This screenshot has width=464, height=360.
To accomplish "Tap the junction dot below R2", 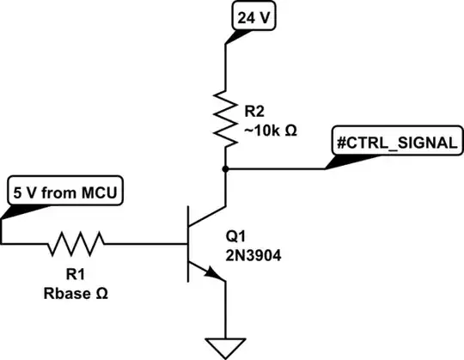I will tap(224, 169).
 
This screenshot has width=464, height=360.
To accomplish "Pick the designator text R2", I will tap(255, 110).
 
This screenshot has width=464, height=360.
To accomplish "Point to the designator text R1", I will tap(76, 278).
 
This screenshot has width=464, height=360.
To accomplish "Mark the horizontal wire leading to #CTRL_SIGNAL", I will tap(275, 169).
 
